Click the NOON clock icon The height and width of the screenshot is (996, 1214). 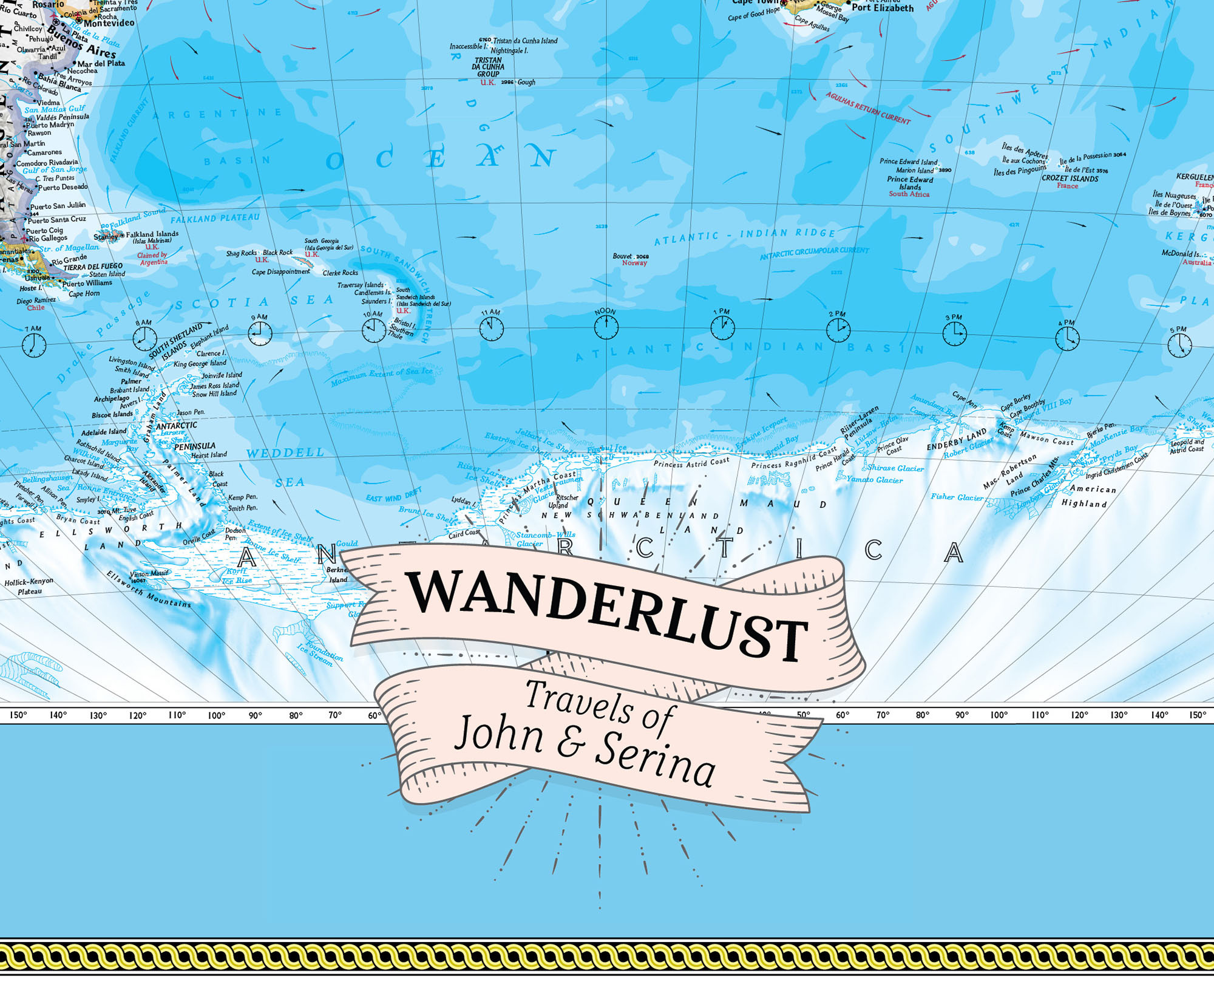[x=606, y=328]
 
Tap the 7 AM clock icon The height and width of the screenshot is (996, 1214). [x=33, y=346]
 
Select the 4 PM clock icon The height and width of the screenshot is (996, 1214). [x=1067, y=339]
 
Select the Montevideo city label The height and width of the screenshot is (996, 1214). [x=109, y=23]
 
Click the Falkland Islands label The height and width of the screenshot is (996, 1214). [x=152, y=234]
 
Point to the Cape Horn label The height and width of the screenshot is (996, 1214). [x=84, y=294]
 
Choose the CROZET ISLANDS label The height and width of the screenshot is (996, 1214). [x=1070, y=179]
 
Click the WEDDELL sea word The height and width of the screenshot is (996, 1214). [x=285, y=453]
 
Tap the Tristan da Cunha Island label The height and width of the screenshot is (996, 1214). [x=525, y=41]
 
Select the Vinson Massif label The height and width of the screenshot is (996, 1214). [x=149, y=573]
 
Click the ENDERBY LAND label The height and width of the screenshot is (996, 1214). [x=957, y=440]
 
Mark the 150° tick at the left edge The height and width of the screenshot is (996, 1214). [x=18, y=715]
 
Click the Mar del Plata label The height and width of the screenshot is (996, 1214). [x=101, y=63]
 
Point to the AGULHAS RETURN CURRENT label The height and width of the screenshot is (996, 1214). [x=868, y=108]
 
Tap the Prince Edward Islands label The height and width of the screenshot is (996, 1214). [x=909, y=183]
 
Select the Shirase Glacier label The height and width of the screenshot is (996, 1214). [x=895, y=468]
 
